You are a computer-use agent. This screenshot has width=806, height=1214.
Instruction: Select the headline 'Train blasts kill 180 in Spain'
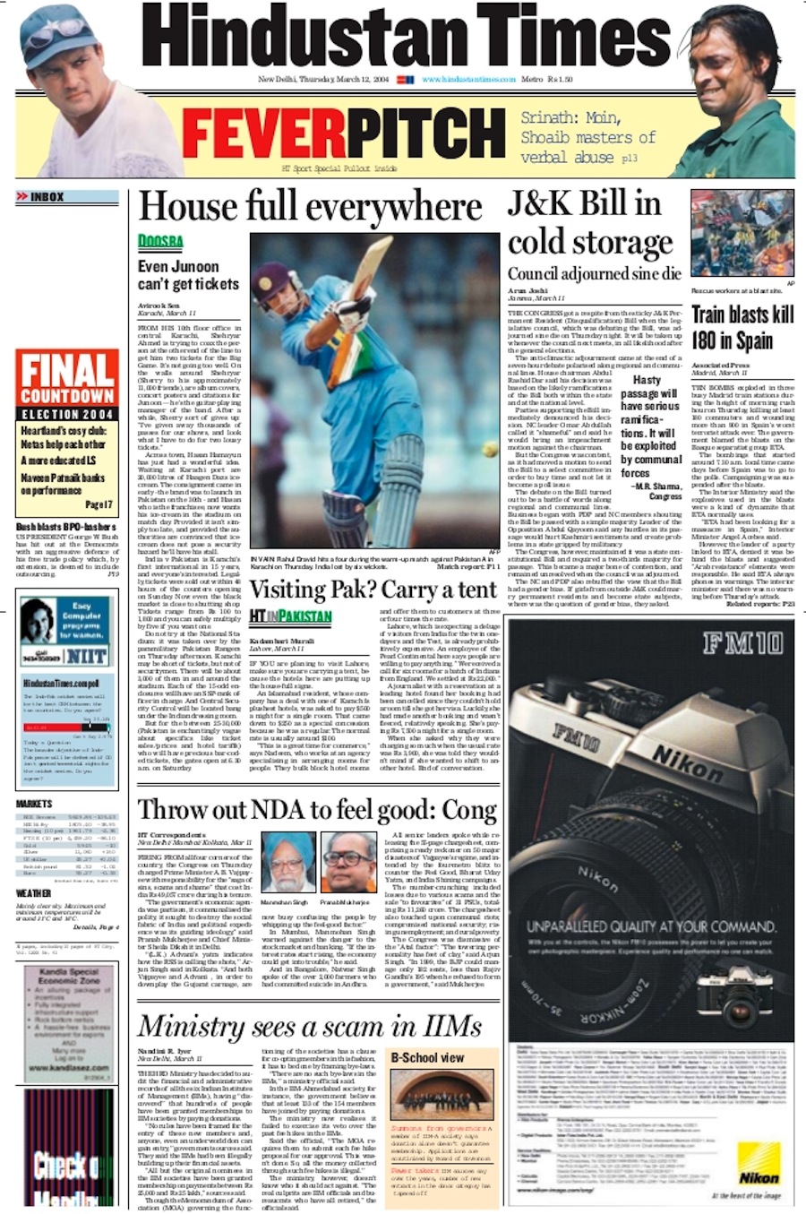742,327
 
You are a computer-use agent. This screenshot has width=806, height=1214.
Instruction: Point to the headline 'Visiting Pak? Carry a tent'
373,590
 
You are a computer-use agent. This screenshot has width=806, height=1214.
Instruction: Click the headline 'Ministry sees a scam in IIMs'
309,1026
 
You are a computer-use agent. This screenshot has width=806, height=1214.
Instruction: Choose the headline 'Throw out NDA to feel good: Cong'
317,810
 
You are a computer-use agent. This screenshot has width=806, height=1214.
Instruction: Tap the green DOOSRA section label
160,241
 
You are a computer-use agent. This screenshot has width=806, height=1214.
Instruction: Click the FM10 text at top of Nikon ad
742,642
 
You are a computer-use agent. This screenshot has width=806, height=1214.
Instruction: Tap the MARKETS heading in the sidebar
35,804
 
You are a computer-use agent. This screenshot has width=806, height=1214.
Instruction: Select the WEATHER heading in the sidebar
34,893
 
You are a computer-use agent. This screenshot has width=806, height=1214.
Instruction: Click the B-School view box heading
428,1057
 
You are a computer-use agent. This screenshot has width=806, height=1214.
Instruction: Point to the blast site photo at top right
742,233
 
